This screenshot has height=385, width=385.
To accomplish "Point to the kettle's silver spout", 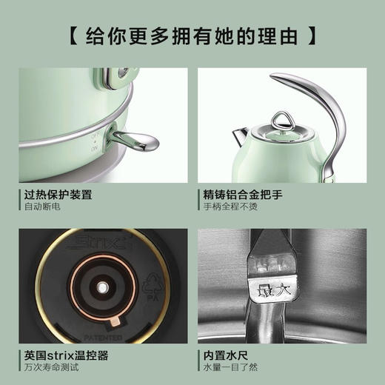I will click(x=241, y=135).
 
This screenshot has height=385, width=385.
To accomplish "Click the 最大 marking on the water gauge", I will click(x=269, y=289).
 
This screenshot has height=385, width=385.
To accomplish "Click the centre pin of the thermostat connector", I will click(x=98, y=284).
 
